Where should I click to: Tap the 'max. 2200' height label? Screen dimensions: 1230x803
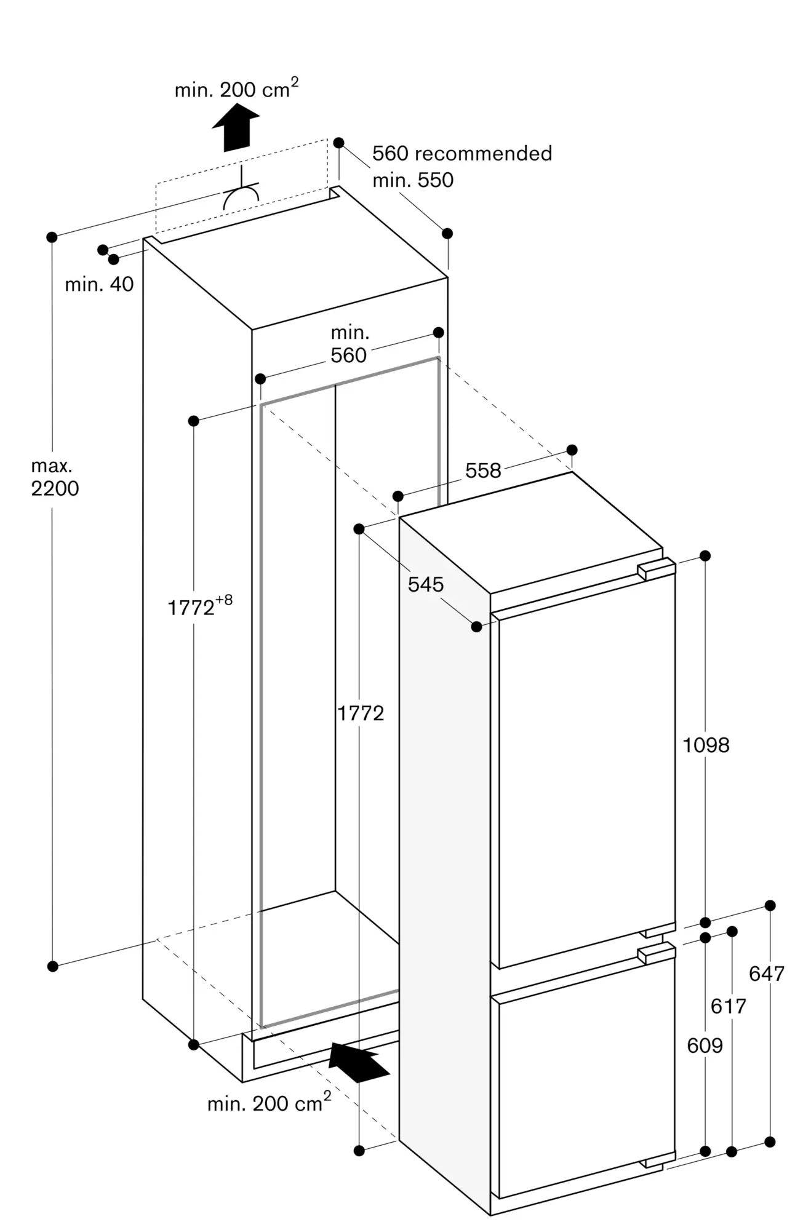click(x=55, y=477)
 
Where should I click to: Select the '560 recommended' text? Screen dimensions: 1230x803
click(x=462, y=153)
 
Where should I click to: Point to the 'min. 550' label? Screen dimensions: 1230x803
click(x=413, y=180)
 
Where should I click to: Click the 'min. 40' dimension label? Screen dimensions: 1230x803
click(x=99, y=284)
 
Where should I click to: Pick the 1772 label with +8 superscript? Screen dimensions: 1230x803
click(x=199, y=606)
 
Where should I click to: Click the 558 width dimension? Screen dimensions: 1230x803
click(x=483, y=470)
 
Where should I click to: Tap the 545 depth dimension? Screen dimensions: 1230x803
click(x=425, y=584)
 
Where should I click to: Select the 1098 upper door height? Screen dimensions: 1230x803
click(x=706, y=745)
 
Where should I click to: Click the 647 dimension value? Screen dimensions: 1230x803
click(x=766, y=974)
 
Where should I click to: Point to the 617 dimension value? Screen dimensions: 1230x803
click(x=728, y=1006)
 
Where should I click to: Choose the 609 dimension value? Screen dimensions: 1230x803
click(x=705, y=1045)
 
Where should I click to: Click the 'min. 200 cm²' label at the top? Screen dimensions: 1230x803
click(x=236, y=89)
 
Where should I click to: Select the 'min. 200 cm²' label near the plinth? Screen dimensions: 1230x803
click(x=269, y=1103)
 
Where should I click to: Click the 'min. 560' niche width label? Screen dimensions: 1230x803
click(x=349, y=344)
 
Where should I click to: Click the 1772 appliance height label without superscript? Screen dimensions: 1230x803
click(x=361, y=713)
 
